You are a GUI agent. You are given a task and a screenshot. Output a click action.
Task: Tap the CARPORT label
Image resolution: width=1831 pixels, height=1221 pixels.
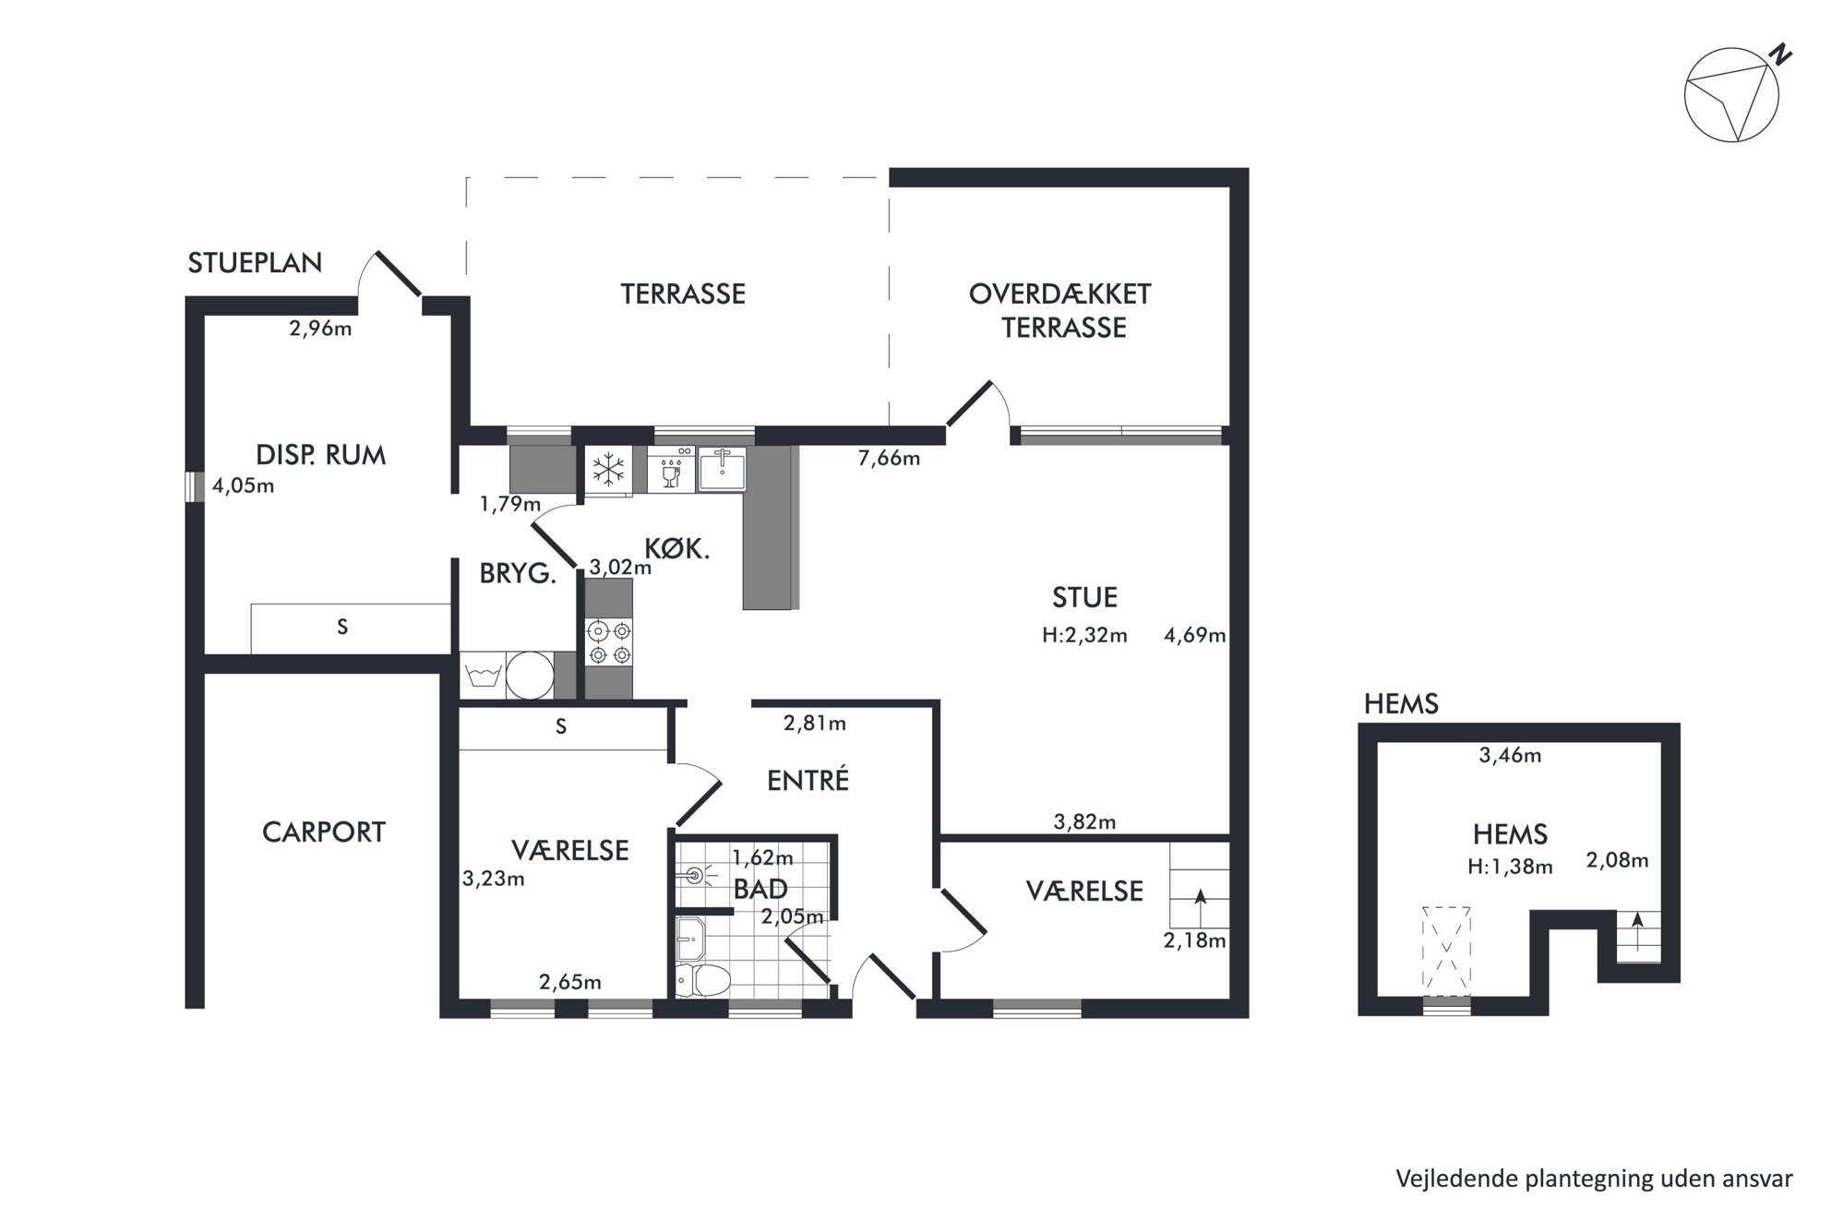(324, 832)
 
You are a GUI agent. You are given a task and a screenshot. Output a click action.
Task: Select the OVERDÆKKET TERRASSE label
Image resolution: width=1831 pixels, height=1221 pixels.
(1060, 311)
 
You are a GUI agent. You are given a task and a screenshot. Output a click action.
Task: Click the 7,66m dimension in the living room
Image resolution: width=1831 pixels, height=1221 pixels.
(890, 458)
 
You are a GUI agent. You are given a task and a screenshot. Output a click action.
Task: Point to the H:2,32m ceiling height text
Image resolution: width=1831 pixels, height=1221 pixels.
(1084, 635)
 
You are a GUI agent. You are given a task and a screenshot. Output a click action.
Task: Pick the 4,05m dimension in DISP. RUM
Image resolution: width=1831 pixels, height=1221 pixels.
(244, 485)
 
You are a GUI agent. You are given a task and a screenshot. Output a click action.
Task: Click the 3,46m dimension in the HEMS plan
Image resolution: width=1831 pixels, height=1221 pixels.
(1510, 756)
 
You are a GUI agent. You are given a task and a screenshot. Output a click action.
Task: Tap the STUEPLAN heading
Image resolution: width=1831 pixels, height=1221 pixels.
(255, 263)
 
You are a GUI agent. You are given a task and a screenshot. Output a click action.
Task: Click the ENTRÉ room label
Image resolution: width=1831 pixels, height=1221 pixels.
(808, 780)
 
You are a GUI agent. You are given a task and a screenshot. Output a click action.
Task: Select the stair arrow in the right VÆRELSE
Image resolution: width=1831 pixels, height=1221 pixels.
(1200, 908)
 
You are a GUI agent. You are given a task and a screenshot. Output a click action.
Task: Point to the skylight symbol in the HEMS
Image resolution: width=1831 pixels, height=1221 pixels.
(1446, 952)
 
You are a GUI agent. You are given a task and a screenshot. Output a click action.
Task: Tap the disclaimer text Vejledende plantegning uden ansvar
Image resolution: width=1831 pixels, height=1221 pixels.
(1594, 1179)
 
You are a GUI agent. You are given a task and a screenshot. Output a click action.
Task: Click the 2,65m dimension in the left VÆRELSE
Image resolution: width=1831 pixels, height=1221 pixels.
(570, 982)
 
